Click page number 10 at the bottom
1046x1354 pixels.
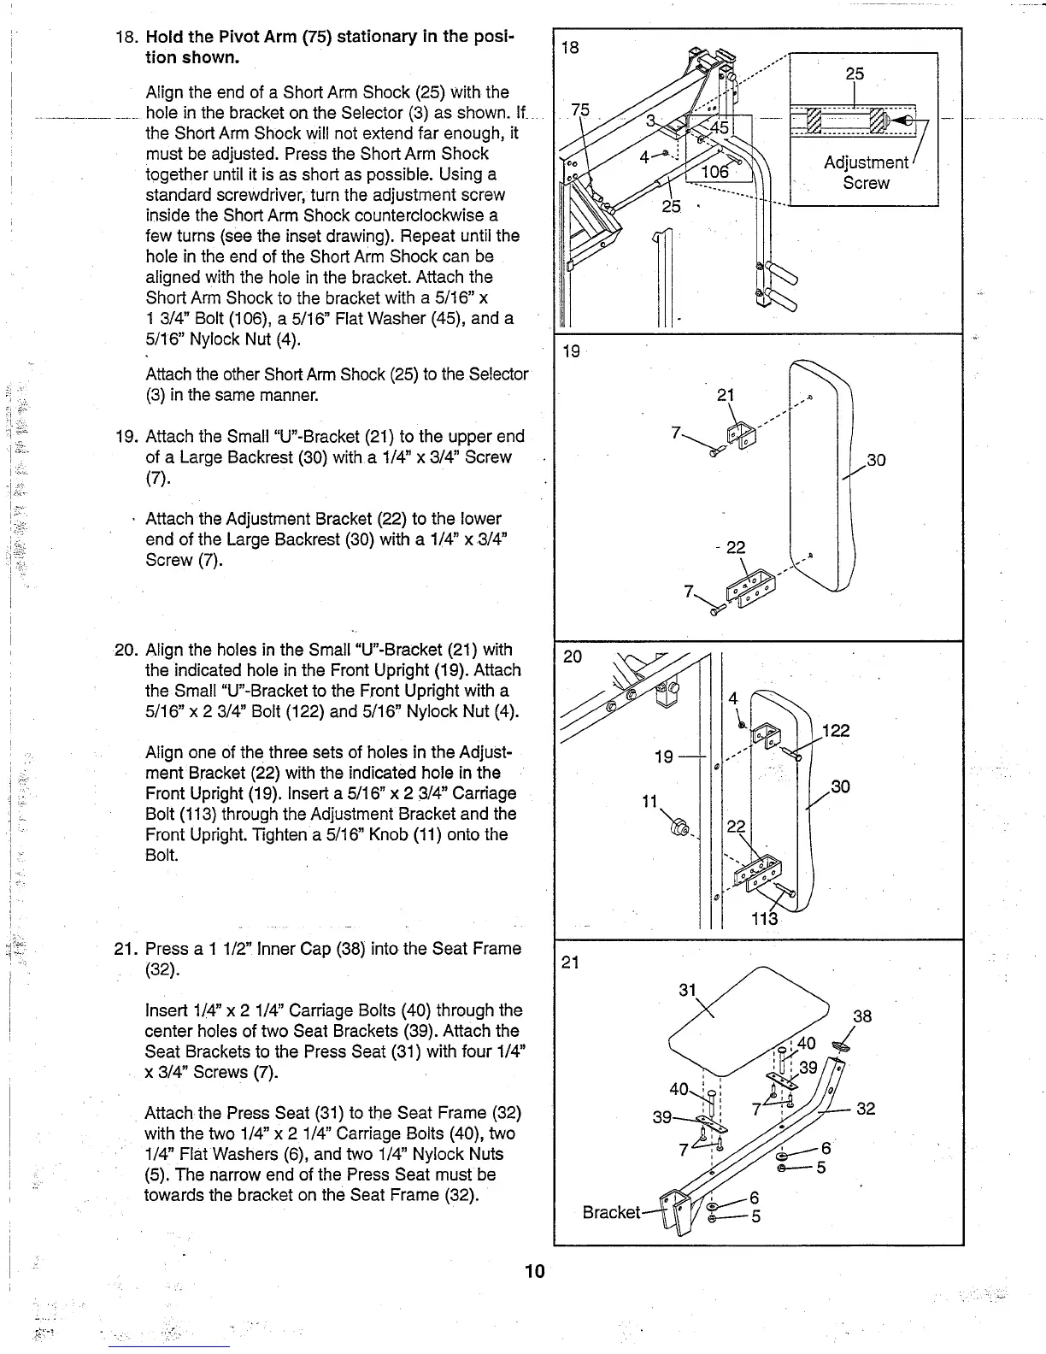click(x=534, y=1271)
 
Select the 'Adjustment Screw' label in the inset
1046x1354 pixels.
click(x=866, y=173)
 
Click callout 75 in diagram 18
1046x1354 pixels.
click(x=580, y=109)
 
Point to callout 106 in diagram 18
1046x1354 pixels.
click(x=714, y=173)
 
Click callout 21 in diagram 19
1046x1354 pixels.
click(x=726, y=395)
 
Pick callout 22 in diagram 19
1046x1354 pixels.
click(x=735, y=548)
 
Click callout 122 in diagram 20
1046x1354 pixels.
click(x=834, y=730)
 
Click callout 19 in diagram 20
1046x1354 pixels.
click(x=663, y=756)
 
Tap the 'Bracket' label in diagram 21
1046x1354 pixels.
click(x=610, y=1212)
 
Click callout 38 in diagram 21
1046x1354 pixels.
click(x=862, y=1016)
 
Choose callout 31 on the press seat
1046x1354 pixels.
click(x=689, y=990)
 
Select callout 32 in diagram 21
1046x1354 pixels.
click(x=866, y=1110)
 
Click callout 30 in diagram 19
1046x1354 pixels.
click(x=876, y=461)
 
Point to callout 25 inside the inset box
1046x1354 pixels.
click(x=855, y=74)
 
